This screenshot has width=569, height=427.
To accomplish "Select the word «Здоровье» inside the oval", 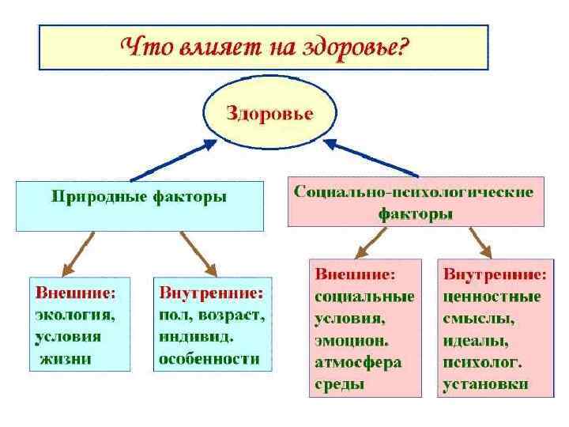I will point(270,113).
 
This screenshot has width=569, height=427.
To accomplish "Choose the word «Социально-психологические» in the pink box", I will point(413,192).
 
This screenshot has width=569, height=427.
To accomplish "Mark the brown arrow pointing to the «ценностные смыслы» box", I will point(480,243).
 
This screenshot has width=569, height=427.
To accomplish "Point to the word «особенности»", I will point(209,358).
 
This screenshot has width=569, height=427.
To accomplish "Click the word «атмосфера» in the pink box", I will point(358,363).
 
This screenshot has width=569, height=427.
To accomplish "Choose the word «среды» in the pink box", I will point(340,385).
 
